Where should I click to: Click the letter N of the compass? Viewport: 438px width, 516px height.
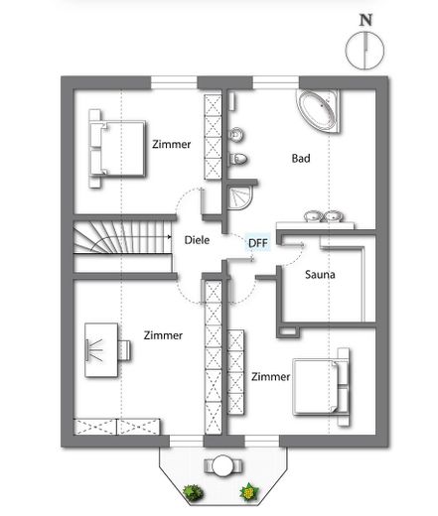365,20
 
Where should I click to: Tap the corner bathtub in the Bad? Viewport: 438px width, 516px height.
318,110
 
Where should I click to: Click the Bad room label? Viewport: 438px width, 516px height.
301,158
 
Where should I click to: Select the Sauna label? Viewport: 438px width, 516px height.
320,274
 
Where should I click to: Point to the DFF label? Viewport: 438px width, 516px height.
258,243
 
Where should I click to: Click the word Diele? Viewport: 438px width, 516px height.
197,240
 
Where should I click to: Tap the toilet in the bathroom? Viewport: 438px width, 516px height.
238,159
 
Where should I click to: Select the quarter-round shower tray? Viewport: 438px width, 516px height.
240,197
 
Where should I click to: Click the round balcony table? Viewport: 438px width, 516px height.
222,465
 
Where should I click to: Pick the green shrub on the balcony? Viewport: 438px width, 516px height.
193,492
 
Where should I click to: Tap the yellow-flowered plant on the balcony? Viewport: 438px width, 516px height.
249,492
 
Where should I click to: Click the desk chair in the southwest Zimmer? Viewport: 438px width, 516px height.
124,350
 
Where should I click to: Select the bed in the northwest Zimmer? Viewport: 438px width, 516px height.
117,149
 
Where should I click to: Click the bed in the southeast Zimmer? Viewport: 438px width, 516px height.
321,387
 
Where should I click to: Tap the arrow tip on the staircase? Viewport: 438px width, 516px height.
170,237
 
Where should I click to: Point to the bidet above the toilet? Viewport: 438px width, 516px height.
237,135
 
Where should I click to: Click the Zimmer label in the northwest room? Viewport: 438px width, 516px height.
171,144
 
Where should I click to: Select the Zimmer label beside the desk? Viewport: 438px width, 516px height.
163,335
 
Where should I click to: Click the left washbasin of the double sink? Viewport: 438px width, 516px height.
313,216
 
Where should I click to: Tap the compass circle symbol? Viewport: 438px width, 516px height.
365,51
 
